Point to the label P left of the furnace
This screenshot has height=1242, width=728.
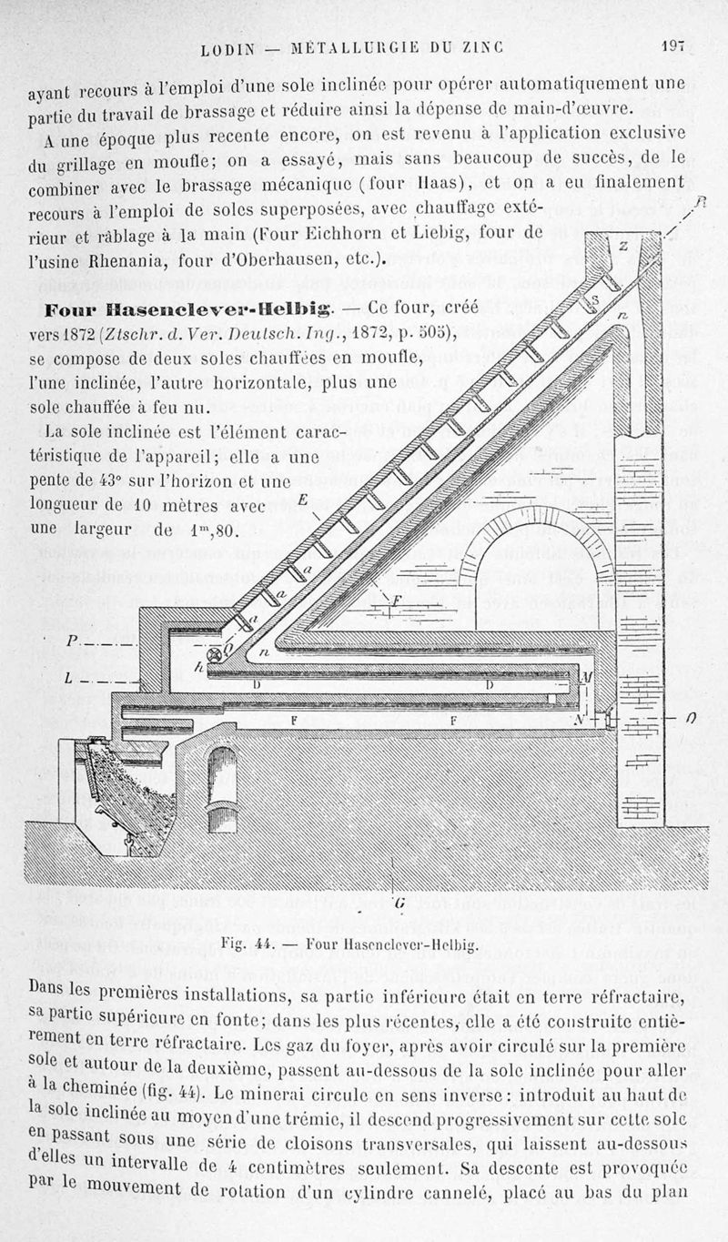coord(72,641)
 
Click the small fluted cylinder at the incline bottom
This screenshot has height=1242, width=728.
coord(216,653)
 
